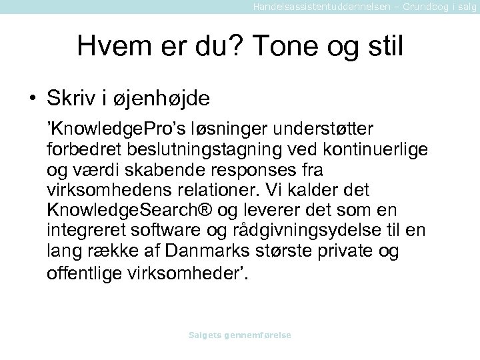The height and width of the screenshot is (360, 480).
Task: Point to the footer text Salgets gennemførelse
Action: click(240, 335)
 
